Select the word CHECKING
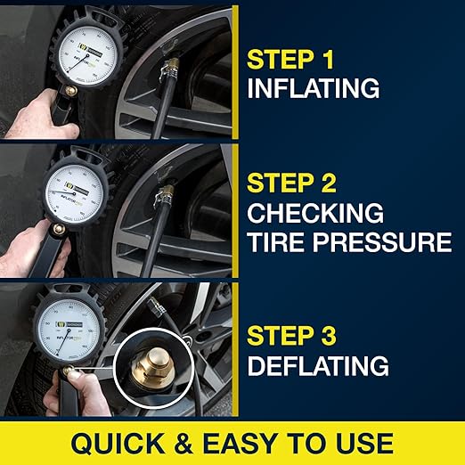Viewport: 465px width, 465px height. (315, 214)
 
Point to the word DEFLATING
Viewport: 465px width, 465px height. (318, 365)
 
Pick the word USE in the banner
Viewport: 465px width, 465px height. (359, 443)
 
